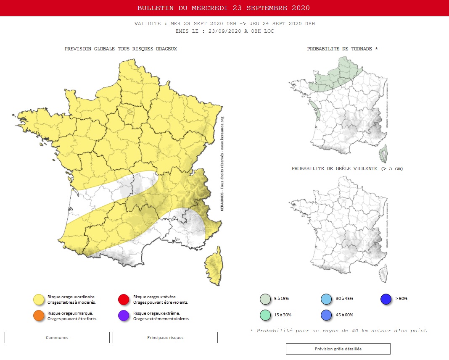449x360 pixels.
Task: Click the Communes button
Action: (x=57, y=337)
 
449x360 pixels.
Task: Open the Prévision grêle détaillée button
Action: (x=338, y=349)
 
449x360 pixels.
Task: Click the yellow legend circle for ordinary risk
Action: (x=39, y=300)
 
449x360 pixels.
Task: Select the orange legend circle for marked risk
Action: (x=39, y=316)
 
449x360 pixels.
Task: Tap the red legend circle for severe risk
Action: (x=124, y=300)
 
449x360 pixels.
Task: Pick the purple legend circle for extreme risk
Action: (x=124, y=316)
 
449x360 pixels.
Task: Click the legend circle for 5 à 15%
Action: (x=265, y=299)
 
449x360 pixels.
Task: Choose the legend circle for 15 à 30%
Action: (x=265, y=315)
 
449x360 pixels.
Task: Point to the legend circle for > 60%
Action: (x=386, y=299)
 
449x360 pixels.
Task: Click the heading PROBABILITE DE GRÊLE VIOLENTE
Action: (x=347, y=169)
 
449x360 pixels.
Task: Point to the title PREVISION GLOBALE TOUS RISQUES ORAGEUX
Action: (x=121, y=49)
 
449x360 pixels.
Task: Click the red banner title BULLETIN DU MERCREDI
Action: (x=224, y=8)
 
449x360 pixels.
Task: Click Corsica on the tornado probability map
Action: (x=383, y=154)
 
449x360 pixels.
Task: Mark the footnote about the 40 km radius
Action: (x=338, y=331)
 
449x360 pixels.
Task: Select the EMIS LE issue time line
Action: (x=225, y=31)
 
